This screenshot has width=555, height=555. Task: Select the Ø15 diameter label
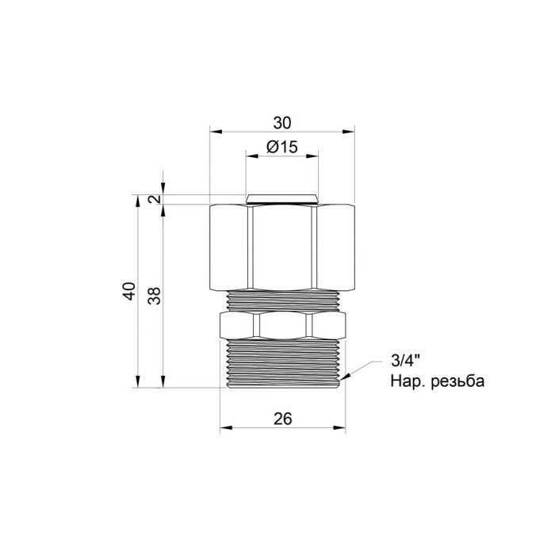tap(281, 147)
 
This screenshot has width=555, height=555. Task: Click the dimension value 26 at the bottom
tap(282, 420)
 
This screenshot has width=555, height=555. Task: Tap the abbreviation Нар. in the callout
tap(404, 381)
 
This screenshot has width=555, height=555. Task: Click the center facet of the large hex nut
tap(282, 246)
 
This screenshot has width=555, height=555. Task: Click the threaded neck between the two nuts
tap(282, 299)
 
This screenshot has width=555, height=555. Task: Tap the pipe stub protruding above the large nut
tap(282, 198)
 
